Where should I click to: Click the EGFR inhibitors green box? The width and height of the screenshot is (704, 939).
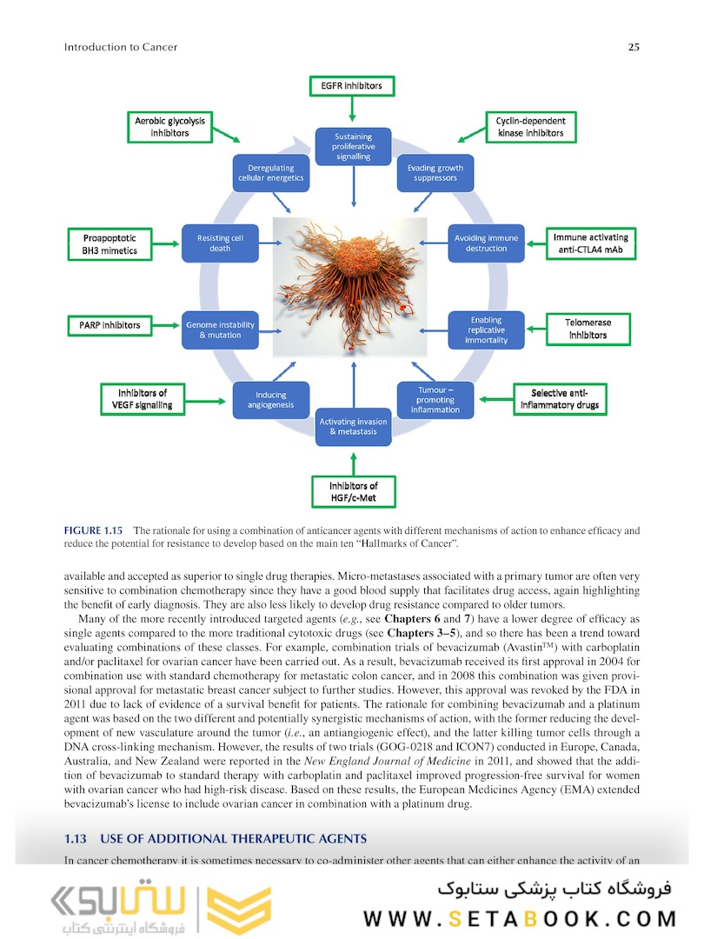pyautogui.click(x=352, y=85)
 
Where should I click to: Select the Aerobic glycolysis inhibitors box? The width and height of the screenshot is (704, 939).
pyautogui.click(x=170, y=126)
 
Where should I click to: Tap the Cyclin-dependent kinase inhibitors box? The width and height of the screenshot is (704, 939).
pyautogui.click(x=530, y=126)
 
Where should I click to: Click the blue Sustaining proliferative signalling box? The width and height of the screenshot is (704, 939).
pyautogui.click(x=353, y=146)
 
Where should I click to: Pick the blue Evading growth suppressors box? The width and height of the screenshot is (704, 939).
pyautogui.click(x=435, y=172)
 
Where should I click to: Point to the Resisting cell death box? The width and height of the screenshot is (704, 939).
pyautogui.click(x=214, y=243)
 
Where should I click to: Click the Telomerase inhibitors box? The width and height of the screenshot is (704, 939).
pyautogui.click(x=588, y=328)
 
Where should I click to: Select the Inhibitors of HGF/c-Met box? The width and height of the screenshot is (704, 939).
pyautogui.click(x=353, y=491)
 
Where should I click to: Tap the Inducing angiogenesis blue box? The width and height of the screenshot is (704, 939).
pyautogui.click(x=271, y=399)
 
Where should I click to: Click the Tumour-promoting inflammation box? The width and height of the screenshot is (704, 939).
pyautogui.click(x=435, y=399)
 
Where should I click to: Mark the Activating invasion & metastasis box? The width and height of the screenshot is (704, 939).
pyautogui.click(x=353, y=426)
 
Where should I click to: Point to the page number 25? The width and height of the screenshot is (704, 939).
pyautogui.click(x=634, y=47)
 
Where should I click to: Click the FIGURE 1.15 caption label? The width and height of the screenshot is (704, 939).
pyautogui.click(x=94, y=530)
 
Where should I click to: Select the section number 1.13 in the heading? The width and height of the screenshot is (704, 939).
pyautogui.click(x=77, y=839)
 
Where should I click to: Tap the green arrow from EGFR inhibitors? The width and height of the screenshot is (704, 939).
pyautogui.click(x=352, y=109)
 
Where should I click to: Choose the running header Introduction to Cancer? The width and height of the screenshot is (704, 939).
pyautogui.click(x=121, y=47)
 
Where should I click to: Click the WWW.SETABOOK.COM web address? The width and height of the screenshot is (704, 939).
pyautogui.click(x=520, y=918)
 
